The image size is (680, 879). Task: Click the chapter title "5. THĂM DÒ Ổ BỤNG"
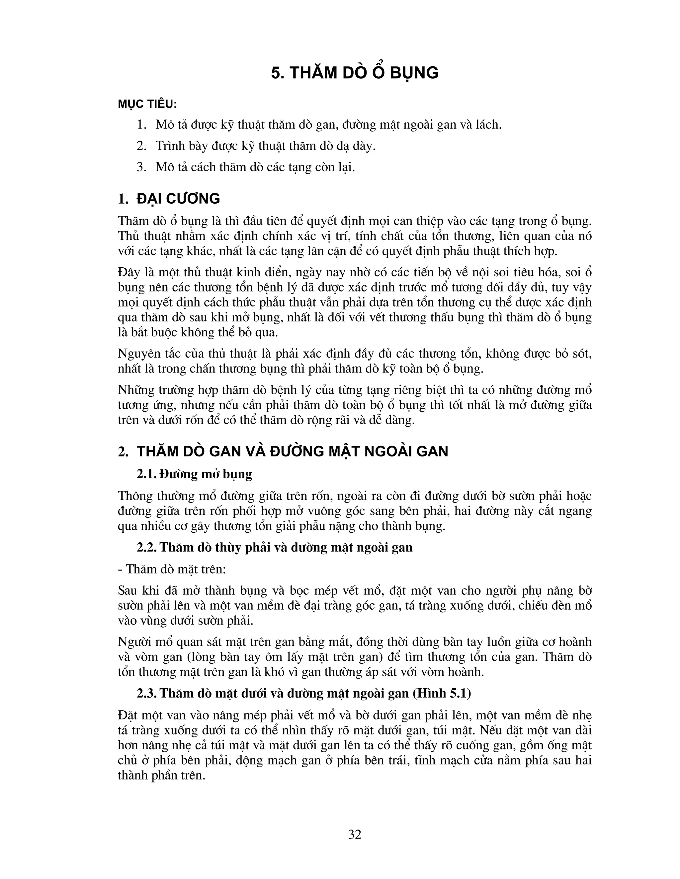point(355,73)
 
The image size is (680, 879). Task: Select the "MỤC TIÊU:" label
point(147,104)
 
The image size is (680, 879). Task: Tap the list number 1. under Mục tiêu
point(141,125)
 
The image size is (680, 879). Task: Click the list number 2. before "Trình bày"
point(141,146)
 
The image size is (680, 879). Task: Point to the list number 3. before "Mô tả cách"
point(141,167)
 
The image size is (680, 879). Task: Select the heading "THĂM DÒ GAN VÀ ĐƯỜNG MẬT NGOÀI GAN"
point(292,451)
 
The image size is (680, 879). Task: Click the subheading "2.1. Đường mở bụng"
point(194,474)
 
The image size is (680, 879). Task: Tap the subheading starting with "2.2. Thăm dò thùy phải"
point(274,547)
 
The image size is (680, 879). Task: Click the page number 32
point(355,835)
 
